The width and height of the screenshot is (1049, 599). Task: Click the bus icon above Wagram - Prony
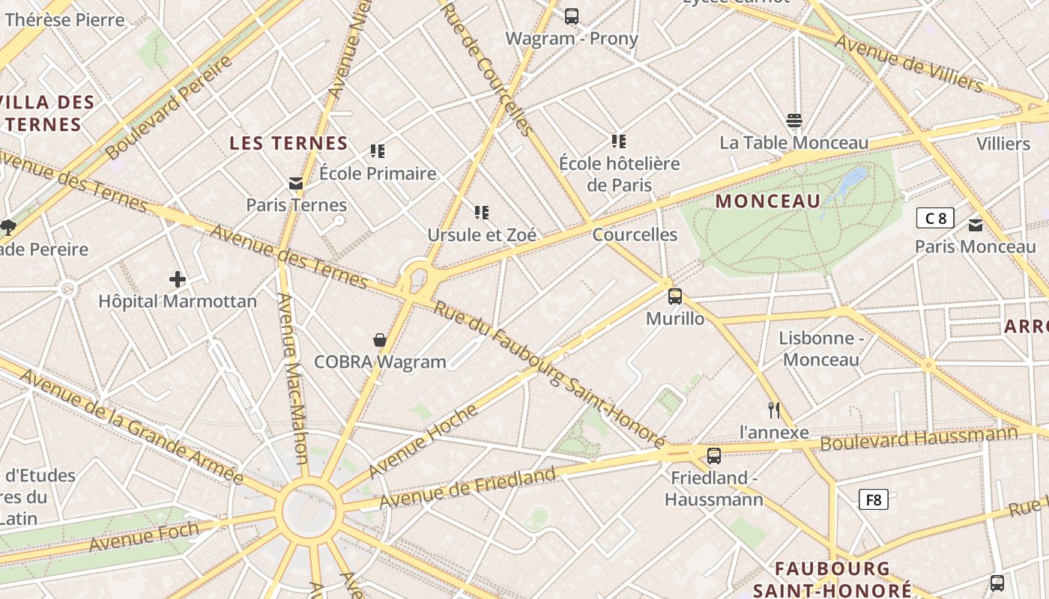572,16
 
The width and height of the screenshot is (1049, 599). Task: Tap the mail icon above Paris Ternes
296,183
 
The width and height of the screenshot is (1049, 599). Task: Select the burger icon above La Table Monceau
794,121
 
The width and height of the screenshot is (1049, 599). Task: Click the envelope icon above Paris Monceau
976,225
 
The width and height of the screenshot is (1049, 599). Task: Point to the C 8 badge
935,218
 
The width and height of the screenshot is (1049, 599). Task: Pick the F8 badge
873,499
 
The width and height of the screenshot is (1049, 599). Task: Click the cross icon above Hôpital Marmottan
178,280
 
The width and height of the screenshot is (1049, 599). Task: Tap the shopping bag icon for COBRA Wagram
380,340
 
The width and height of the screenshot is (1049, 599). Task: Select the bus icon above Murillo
675,297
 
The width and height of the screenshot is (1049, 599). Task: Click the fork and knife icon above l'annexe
774,410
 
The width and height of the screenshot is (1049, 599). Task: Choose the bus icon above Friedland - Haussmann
714,455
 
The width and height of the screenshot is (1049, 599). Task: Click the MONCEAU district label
768,201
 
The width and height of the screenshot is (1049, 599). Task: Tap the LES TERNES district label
288,143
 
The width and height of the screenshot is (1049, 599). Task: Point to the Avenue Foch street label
144,536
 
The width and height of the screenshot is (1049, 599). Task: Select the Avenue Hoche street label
423,441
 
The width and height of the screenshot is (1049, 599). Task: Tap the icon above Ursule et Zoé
482,213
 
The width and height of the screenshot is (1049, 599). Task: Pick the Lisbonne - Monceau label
821,349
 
